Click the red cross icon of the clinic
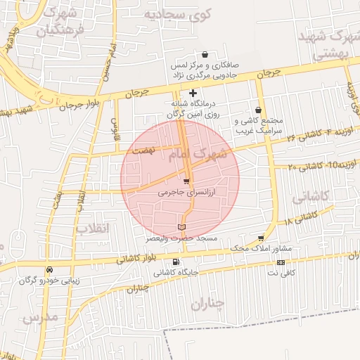pos(193,93)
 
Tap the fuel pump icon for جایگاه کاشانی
pos(175,262)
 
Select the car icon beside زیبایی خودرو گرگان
pos(49,270)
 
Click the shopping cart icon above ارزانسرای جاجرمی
pos(186,182)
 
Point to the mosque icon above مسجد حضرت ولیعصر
pos(182,227)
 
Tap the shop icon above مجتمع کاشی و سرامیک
pos(259,110)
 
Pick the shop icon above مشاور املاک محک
pos(262,239)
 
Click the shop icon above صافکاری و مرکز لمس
pos(205,54)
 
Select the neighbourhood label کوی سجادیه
pos(174,14)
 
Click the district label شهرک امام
pos(200,154)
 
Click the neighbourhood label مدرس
pos(39,318)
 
